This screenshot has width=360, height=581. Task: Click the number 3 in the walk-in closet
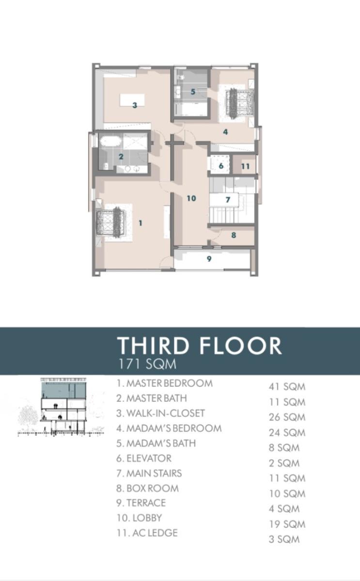pyautogui.click(x=135, y=105)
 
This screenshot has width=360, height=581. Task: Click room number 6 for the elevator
pyautogui.click(x=221, y=166)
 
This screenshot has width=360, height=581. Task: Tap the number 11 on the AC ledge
pyautogui.click(x=245, y=166)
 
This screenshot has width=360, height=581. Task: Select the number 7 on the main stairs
pyautogui.click(x=227, y=199)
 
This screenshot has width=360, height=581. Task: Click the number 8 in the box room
pyautogui.click(x=234, y=235)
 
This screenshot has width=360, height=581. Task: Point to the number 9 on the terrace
pyautogui.click(x=209, y=259)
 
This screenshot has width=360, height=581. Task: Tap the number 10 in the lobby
pyautogui.click(x=191, y=198)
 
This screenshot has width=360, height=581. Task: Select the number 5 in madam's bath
pyautogui.click(x=193, y=92)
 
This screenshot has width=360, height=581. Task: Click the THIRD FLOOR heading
pyautogui.click(x=200, y=345)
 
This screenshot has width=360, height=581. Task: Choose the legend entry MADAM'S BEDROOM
pyautogui.click(x=169, y=428)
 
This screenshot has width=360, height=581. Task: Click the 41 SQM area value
pyautogui.click(x=287, y=387)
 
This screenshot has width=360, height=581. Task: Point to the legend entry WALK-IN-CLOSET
pyautogui.click(x=160, y=413)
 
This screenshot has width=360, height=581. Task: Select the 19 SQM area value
pyautogui.click(x=287, y=524)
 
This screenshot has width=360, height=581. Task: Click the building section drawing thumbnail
pyautogui.click(x=61, y=407)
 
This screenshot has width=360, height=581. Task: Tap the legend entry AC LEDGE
pyautogui.click(x=147, y=533)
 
